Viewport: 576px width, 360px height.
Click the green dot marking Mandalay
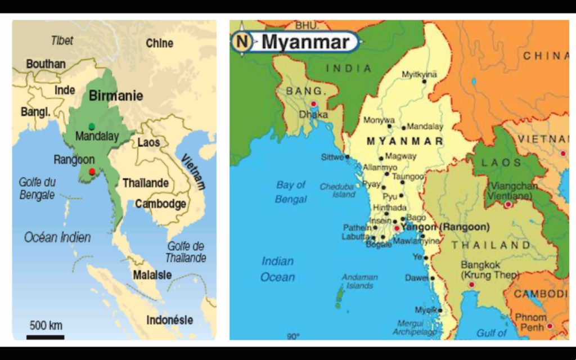[92, 126]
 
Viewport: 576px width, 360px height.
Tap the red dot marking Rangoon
[92, 171]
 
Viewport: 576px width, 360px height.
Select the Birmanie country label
[116, 95]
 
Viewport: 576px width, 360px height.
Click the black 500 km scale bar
[45, 337]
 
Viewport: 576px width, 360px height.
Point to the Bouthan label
[46, 64]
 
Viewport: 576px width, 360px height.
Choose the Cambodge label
[160, 204]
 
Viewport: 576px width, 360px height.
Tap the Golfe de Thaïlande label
[186, 252]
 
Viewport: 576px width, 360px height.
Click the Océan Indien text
[57, 237]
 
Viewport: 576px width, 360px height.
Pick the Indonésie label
[169, 320]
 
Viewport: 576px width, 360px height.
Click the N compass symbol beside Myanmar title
[242, 42]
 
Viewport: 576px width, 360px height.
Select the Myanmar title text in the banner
[305, 42]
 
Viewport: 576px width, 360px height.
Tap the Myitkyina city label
[419, 74]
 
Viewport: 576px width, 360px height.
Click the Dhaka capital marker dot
[313, 103]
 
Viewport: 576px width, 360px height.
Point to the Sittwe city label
[332, 157]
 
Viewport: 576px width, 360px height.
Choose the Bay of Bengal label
[291, 192]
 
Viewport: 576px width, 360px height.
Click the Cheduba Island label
[337, 190]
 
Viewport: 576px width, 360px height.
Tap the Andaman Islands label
[359, 281]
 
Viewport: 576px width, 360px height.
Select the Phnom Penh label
[530, 322]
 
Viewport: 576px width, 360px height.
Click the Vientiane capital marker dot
[508, 205]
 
